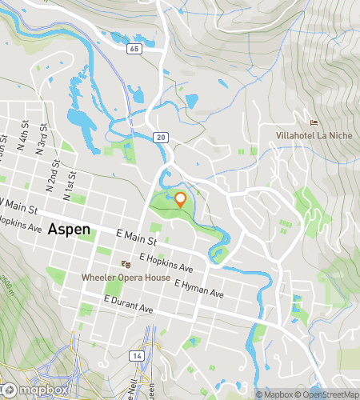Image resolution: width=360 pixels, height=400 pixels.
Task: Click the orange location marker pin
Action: [181, 201]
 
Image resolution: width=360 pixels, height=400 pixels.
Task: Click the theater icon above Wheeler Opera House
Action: [125, 263]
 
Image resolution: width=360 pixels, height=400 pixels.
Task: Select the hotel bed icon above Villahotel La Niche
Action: [314, 122]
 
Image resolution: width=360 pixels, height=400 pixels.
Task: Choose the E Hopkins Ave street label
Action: [166, 263]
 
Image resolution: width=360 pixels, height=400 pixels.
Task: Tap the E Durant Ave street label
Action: [132, 303]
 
